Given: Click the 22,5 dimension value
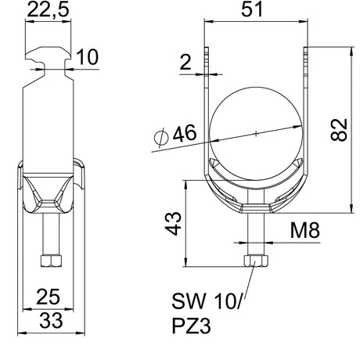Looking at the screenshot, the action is click(x=49, y=10).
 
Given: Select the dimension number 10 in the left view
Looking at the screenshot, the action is click(x=88, y=57).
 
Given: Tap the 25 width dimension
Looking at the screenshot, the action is click(x=49, y=297).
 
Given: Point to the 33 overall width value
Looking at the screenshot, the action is click(x=51, y=320).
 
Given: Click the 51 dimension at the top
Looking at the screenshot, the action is click(x=252, y=9).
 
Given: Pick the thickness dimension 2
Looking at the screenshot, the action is click(x=185, y=63).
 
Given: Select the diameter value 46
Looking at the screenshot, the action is click(x=185, y=133).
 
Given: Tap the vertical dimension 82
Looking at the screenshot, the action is click(x=339, y=130).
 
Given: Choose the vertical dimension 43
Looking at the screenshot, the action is click(x=173, y=224).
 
